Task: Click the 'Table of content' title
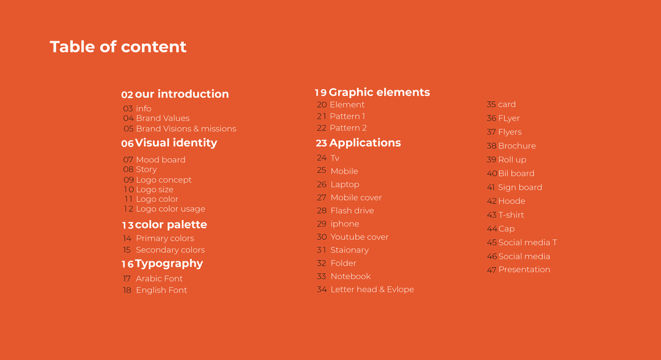click(x=118, y=47)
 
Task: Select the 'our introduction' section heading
click(x=181, y=94)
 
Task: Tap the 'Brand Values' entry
click(x=163, y=119)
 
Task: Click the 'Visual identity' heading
click(x=176, y=143)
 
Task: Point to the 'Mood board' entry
click(x=161, y=160)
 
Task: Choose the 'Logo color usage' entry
click(x=170, y=209)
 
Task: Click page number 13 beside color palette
click(x=128, y=225)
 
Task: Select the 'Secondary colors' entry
click(x=170, y=250)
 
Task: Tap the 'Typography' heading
click(x=169, y=264)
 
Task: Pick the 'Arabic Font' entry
click(x=159, y=279)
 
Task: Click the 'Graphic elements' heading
click(x=380, y=92)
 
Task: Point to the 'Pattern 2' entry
click(x=348, y=128)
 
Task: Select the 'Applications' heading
click(x=365, y=143)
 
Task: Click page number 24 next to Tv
click(x=321, y=157)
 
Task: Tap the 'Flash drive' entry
click(x=352, y=211)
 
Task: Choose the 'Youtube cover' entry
click(x=360, y=237)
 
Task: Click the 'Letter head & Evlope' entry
click(x=372, y=290)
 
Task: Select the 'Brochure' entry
click(x=517, y=146)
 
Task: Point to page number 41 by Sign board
click(x=491, y=187)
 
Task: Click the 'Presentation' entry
click(x=524, y=270)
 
